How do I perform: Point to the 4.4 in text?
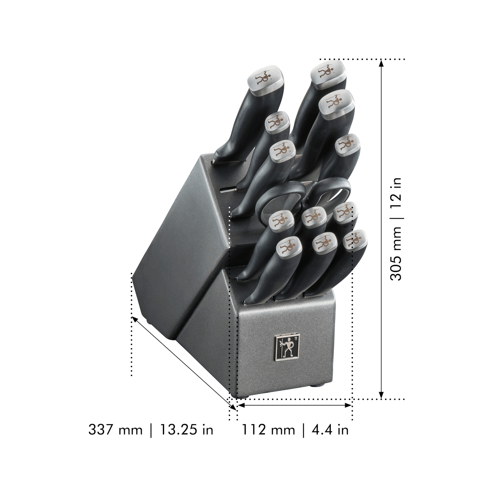(x=330, y=429)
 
